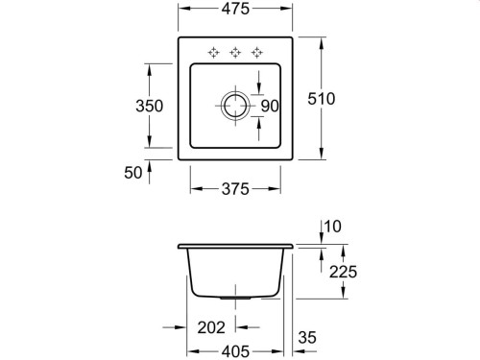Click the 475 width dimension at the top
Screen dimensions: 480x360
click(x=235, y=9)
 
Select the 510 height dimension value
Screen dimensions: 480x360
click(x=322, y=99)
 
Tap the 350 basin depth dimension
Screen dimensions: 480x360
click(x=149, y=106)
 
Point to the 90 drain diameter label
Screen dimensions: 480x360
click(x=270, y=106)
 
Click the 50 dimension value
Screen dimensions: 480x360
click(x=132, y=173)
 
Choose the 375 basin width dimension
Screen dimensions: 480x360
click(x=235, y=189)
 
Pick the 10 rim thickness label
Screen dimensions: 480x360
click(x=333, y=227)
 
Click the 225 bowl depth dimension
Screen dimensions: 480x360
click(x=343, y=272)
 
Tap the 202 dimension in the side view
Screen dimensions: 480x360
click(x=211, y=327)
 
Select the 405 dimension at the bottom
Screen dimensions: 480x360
click(x=235, y=351)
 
